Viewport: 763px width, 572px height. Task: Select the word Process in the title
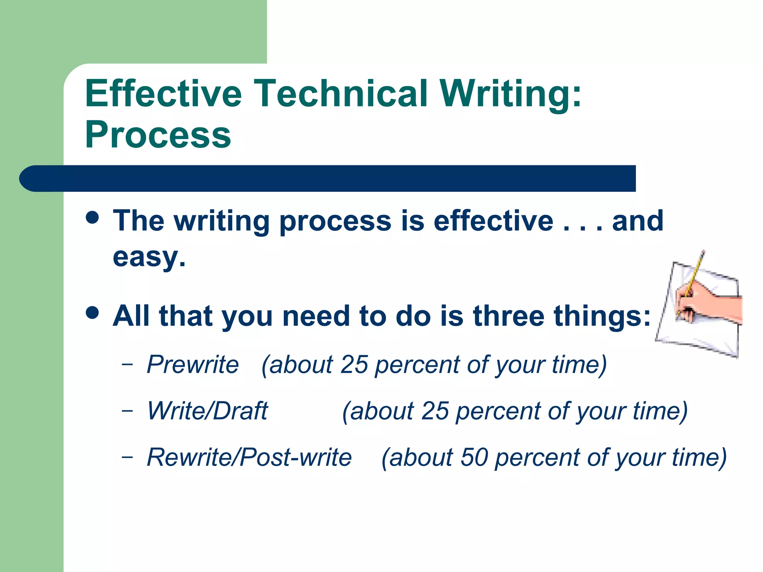[x=158, y=135]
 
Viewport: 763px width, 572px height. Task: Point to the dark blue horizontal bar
[x=328, y=178]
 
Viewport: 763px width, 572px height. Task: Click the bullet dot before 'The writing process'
[x=92, y=217]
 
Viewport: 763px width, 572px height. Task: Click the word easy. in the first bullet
[x=149, y=257]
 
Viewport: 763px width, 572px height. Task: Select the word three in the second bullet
[x=509, y=316]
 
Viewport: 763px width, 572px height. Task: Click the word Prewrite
[x=193, y=364]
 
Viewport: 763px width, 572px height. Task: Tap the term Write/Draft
[x=208, y=411]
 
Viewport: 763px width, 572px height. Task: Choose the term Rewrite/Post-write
[x=249, y=457]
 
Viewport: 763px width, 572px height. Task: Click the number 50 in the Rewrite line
[x=474, y=457]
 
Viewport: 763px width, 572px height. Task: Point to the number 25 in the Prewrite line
[x=354, y=364]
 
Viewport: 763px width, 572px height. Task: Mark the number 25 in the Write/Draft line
[x=435, y=411]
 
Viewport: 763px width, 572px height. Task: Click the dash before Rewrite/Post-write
[x=127, y=457]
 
